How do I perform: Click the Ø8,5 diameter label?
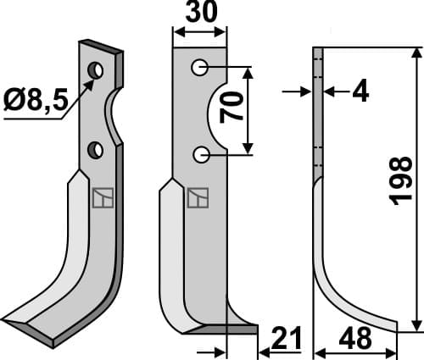click(35, 103)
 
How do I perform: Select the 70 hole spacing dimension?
click(239, 110)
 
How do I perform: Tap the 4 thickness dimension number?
click(360, 91)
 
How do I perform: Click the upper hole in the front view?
click(199, 66)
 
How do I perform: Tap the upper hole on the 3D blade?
click(98, 69)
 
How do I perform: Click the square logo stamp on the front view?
click(196, 197)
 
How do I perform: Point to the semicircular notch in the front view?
click(217, 110)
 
